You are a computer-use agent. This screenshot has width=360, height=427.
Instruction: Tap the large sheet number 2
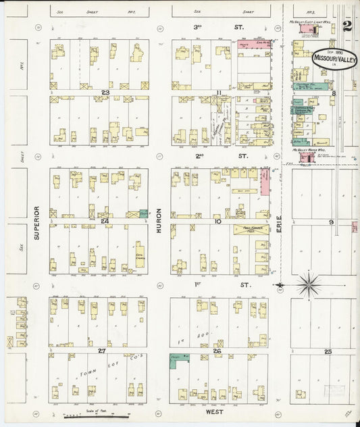(347, 26)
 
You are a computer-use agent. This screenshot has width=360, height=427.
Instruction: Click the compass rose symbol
(309, 284)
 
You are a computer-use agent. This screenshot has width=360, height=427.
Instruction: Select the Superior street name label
(36, 224)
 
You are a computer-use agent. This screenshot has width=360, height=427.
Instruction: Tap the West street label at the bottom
(215, 410)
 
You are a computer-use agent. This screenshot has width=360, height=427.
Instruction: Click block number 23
(105, 93)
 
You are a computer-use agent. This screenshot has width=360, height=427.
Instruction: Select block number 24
(105, 221)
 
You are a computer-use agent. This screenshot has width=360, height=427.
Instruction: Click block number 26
(217, 351)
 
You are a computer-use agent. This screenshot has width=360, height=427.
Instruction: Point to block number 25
(328, 351)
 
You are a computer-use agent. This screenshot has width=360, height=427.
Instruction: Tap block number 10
(217, 221)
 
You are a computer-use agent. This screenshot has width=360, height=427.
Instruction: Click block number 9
(331, 222)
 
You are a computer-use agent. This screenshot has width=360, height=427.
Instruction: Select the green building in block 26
(179, 361)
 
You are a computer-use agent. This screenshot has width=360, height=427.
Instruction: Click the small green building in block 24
(143, 213)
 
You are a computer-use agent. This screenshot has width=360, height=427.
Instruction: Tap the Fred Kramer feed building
(251, 230)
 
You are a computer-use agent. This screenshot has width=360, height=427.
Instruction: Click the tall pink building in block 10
(265, 182)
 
